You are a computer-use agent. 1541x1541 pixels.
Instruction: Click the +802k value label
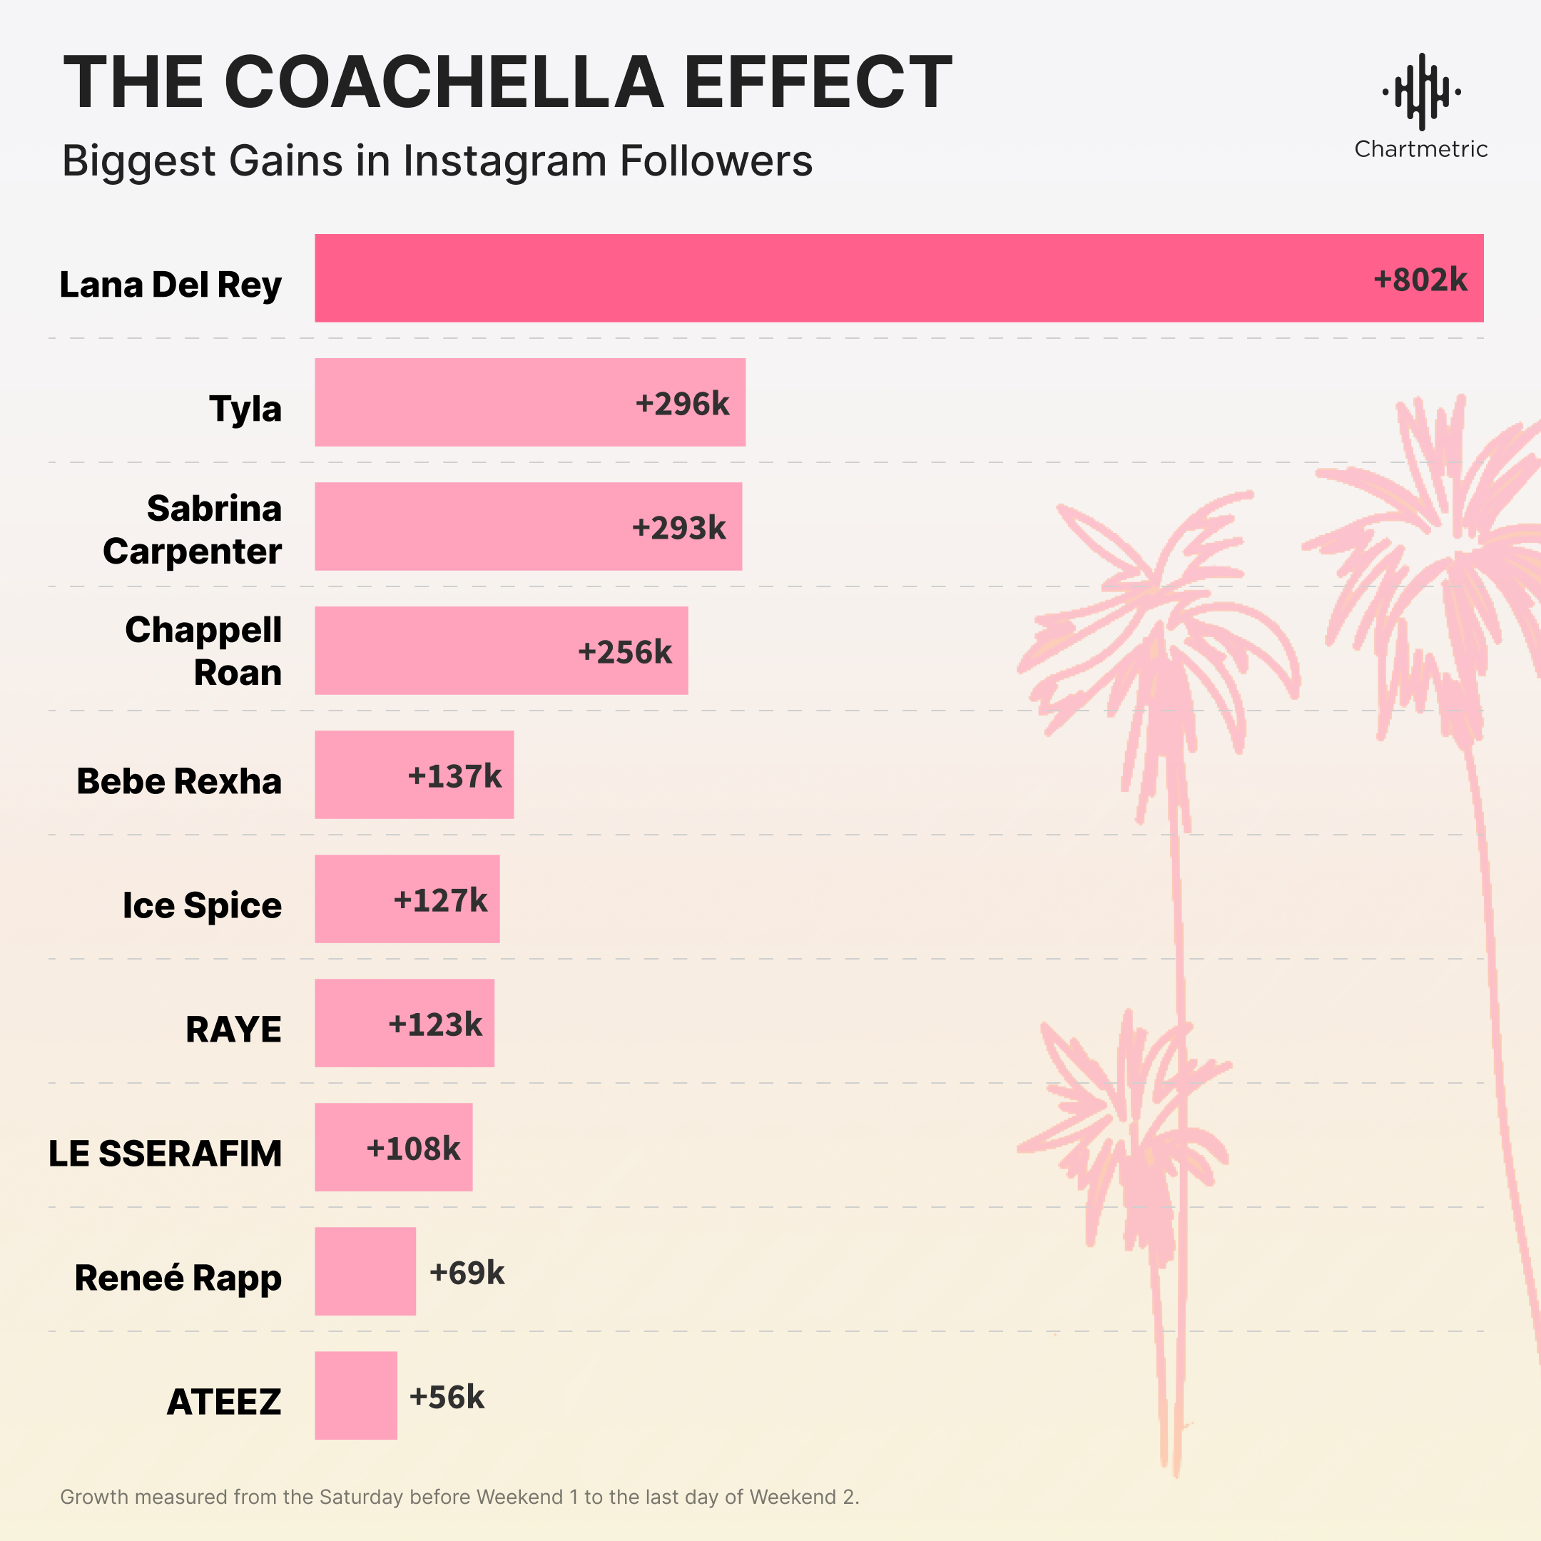click(x=1420, y=280)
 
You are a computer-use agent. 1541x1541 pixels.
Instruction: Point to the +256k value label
click(x=624, y=651)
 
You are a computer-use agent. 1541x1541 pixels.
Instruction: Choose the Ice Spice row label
click(x=202, y=905)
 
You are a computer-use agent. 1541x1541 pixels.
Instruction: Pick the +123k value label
click(x=435, y=1024)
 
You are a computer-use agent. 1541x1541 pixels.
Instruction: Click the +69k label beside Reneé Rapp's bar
click(x=467, y=1273)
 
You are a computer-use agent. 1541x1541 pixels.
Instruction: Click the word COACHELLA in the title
click(x=444, y=81)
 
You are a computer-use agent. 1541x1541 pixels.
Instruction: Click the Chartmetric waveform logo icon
click(x=1420, y=92)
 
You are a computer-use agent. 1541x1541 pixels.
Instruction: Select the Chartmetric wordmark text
click(x=1420, y=149)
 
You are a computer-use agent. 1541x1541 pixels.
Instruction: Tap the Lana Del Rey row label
click(x=171, y=285)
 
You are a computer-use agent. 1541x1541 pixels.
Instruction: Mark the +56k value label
click(x=447, y=1398)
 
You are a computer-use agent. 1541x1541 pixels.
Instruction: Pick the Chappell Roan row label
click(x=204, y=651)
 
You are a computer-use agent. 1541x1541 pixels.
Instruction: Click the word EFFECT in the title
click(x=818, y=81)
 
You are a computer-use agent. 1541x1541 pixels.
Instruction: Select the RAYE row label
click(x=234, y=1029)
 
